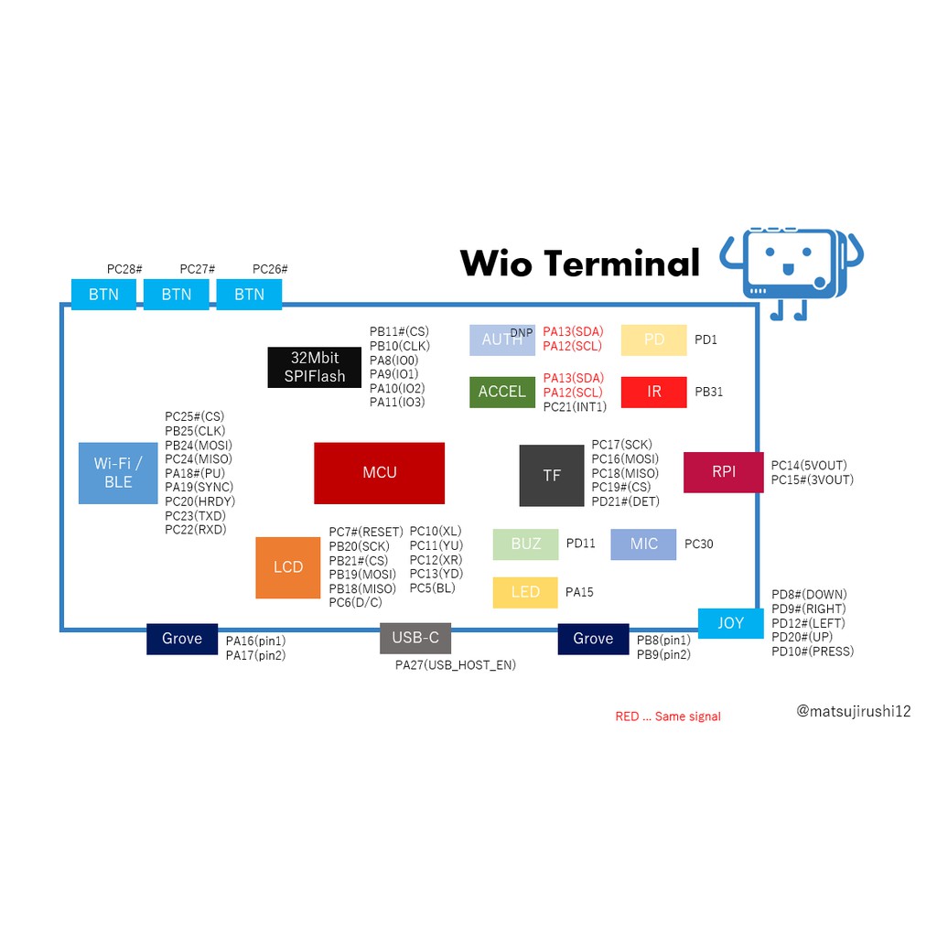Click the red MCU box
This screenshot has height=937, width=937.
379,473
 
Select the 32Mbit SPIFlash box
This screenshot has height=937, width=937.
315,367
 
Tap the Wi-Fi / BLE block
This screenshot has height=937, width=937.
118,473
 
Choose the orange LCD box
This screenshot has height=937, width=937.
287,567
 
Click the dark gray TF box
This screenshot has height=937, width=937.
552,476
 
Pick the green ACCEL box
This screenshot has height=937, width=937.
502,392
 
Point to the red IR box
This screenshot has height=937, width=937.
653,392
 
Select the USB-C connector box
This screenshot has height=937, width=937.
415,638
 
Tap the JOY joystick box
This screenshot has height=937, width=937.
730,623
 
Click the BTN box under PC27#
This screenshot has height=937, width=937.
177,295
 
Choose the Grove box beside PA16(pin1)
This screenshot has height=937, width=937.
182,639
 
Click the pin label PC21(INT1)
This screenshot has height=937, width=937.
575,407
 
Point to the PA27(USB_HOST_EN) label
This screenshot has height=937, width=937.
456,665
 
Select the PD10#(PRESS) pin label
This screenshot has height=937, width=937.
813,652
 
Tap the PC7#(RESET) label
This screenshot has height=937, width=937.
366,532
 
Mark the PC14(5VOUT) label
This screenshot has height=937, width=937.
809,466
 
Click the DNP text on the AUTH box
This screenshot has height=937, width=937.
521,333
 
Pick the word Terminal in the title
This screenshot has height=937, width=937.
621,263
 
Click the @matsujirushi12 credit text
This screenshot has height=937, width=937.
854,711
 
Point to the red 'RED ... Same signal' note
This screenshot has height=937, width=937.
668,716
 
